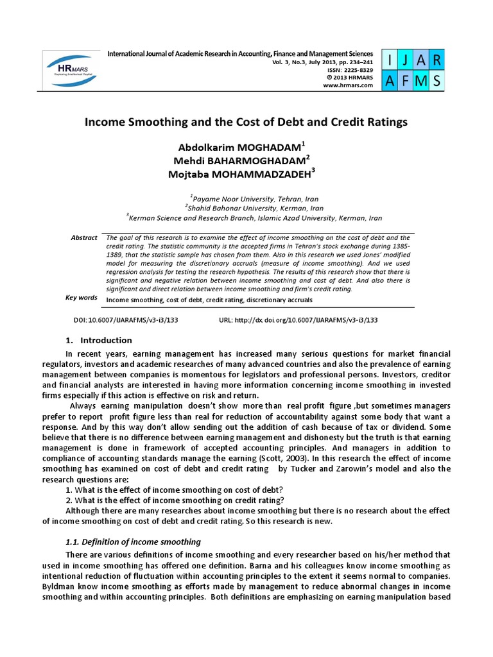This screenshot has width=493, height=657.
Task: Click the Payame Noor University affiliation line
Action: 254,199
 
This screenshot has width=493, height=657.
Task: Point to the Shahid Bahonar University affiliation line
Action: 254,208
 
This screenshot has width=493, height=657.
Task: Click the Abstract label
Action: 84,237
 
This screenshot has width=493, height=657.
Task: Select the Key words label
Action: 82,298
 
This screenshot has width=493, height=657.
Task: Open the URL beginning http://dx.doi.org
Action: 298,320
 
